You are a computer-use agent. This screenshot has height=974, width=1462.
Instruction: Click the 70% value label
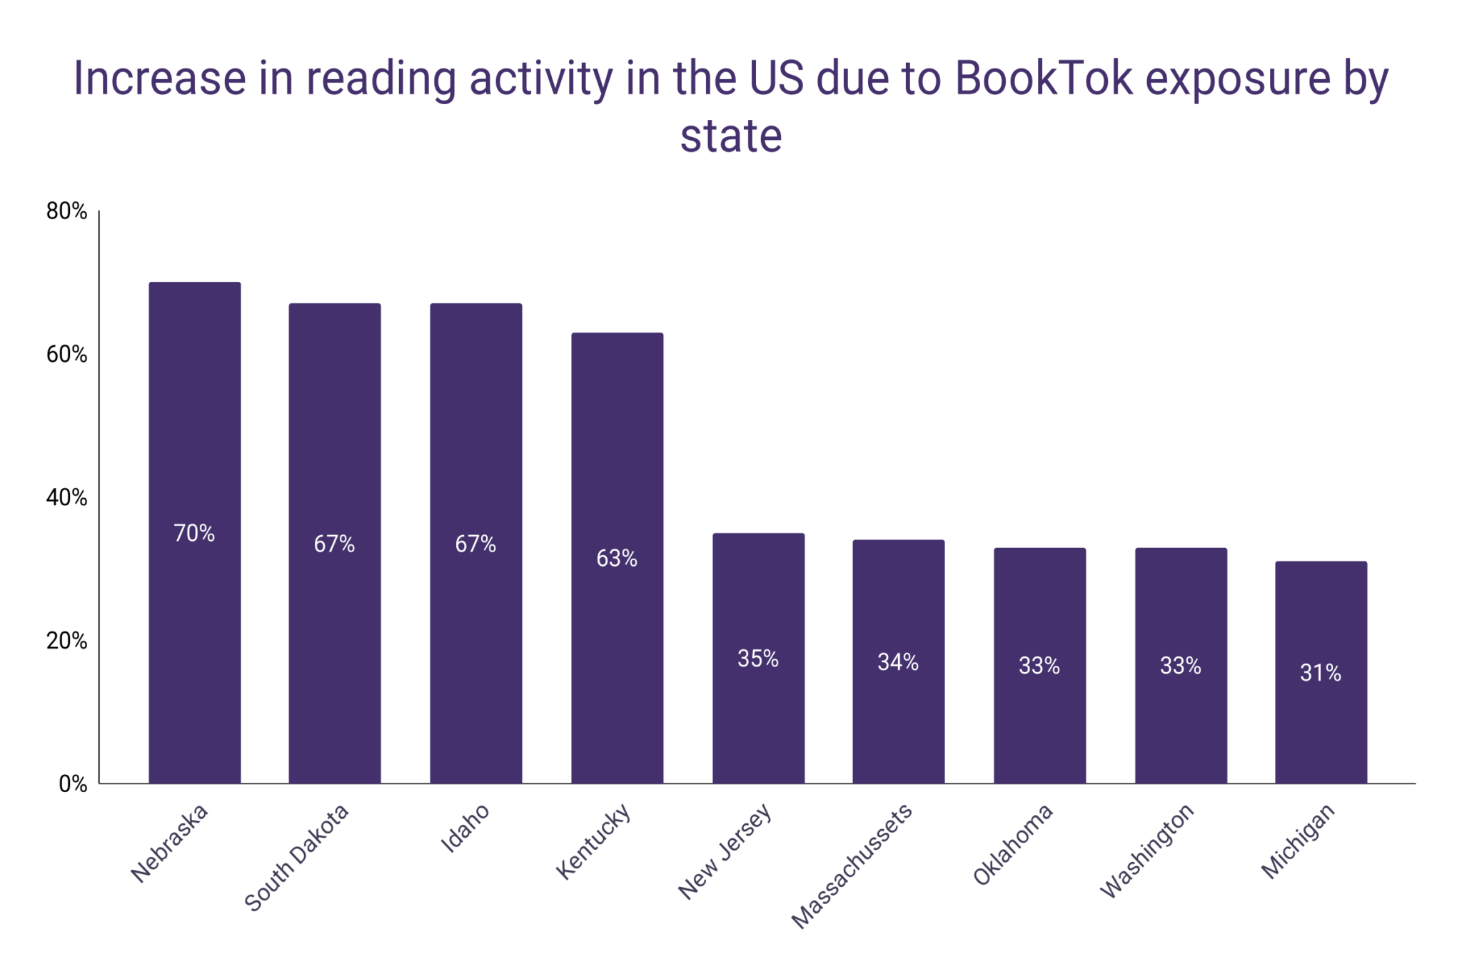(194, 533)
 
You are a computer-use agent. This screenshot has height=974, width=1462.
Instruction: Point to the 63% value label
(617, 558)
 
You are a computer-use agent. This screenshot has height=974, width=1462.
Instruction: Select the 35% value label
(758, 658)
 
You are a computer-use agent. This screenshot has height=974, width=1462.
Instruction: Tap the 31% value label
(1321, 672)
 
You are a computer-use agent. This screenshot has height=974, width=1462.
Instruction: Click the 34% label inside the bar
(898, 662)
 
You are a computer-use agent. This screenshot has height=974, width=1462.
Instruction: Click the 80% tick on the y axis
(66, 211)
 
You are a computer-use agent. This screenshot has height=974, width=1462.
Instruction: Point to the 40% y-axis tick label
(66, 497)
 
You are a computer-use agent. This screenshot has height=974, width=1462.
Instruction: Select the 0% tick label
(73, 784)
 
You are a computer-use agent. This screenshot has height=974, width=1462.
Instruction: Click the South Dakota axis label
(296, 857)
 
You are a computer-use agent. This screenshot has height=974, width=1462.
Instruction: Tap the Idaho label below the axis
(465, 828)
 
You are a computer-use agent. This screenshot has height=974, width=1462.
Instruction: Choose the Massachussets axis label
(852, 866)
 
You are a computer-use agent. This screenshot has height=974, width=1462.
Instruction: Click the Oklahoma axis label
(1013, 844)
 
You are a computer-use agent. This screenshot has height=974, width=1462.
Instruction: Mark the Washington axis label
(1146, 850)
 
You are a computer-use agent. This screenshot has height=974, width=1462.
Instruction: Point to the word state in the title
(731, 136)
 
